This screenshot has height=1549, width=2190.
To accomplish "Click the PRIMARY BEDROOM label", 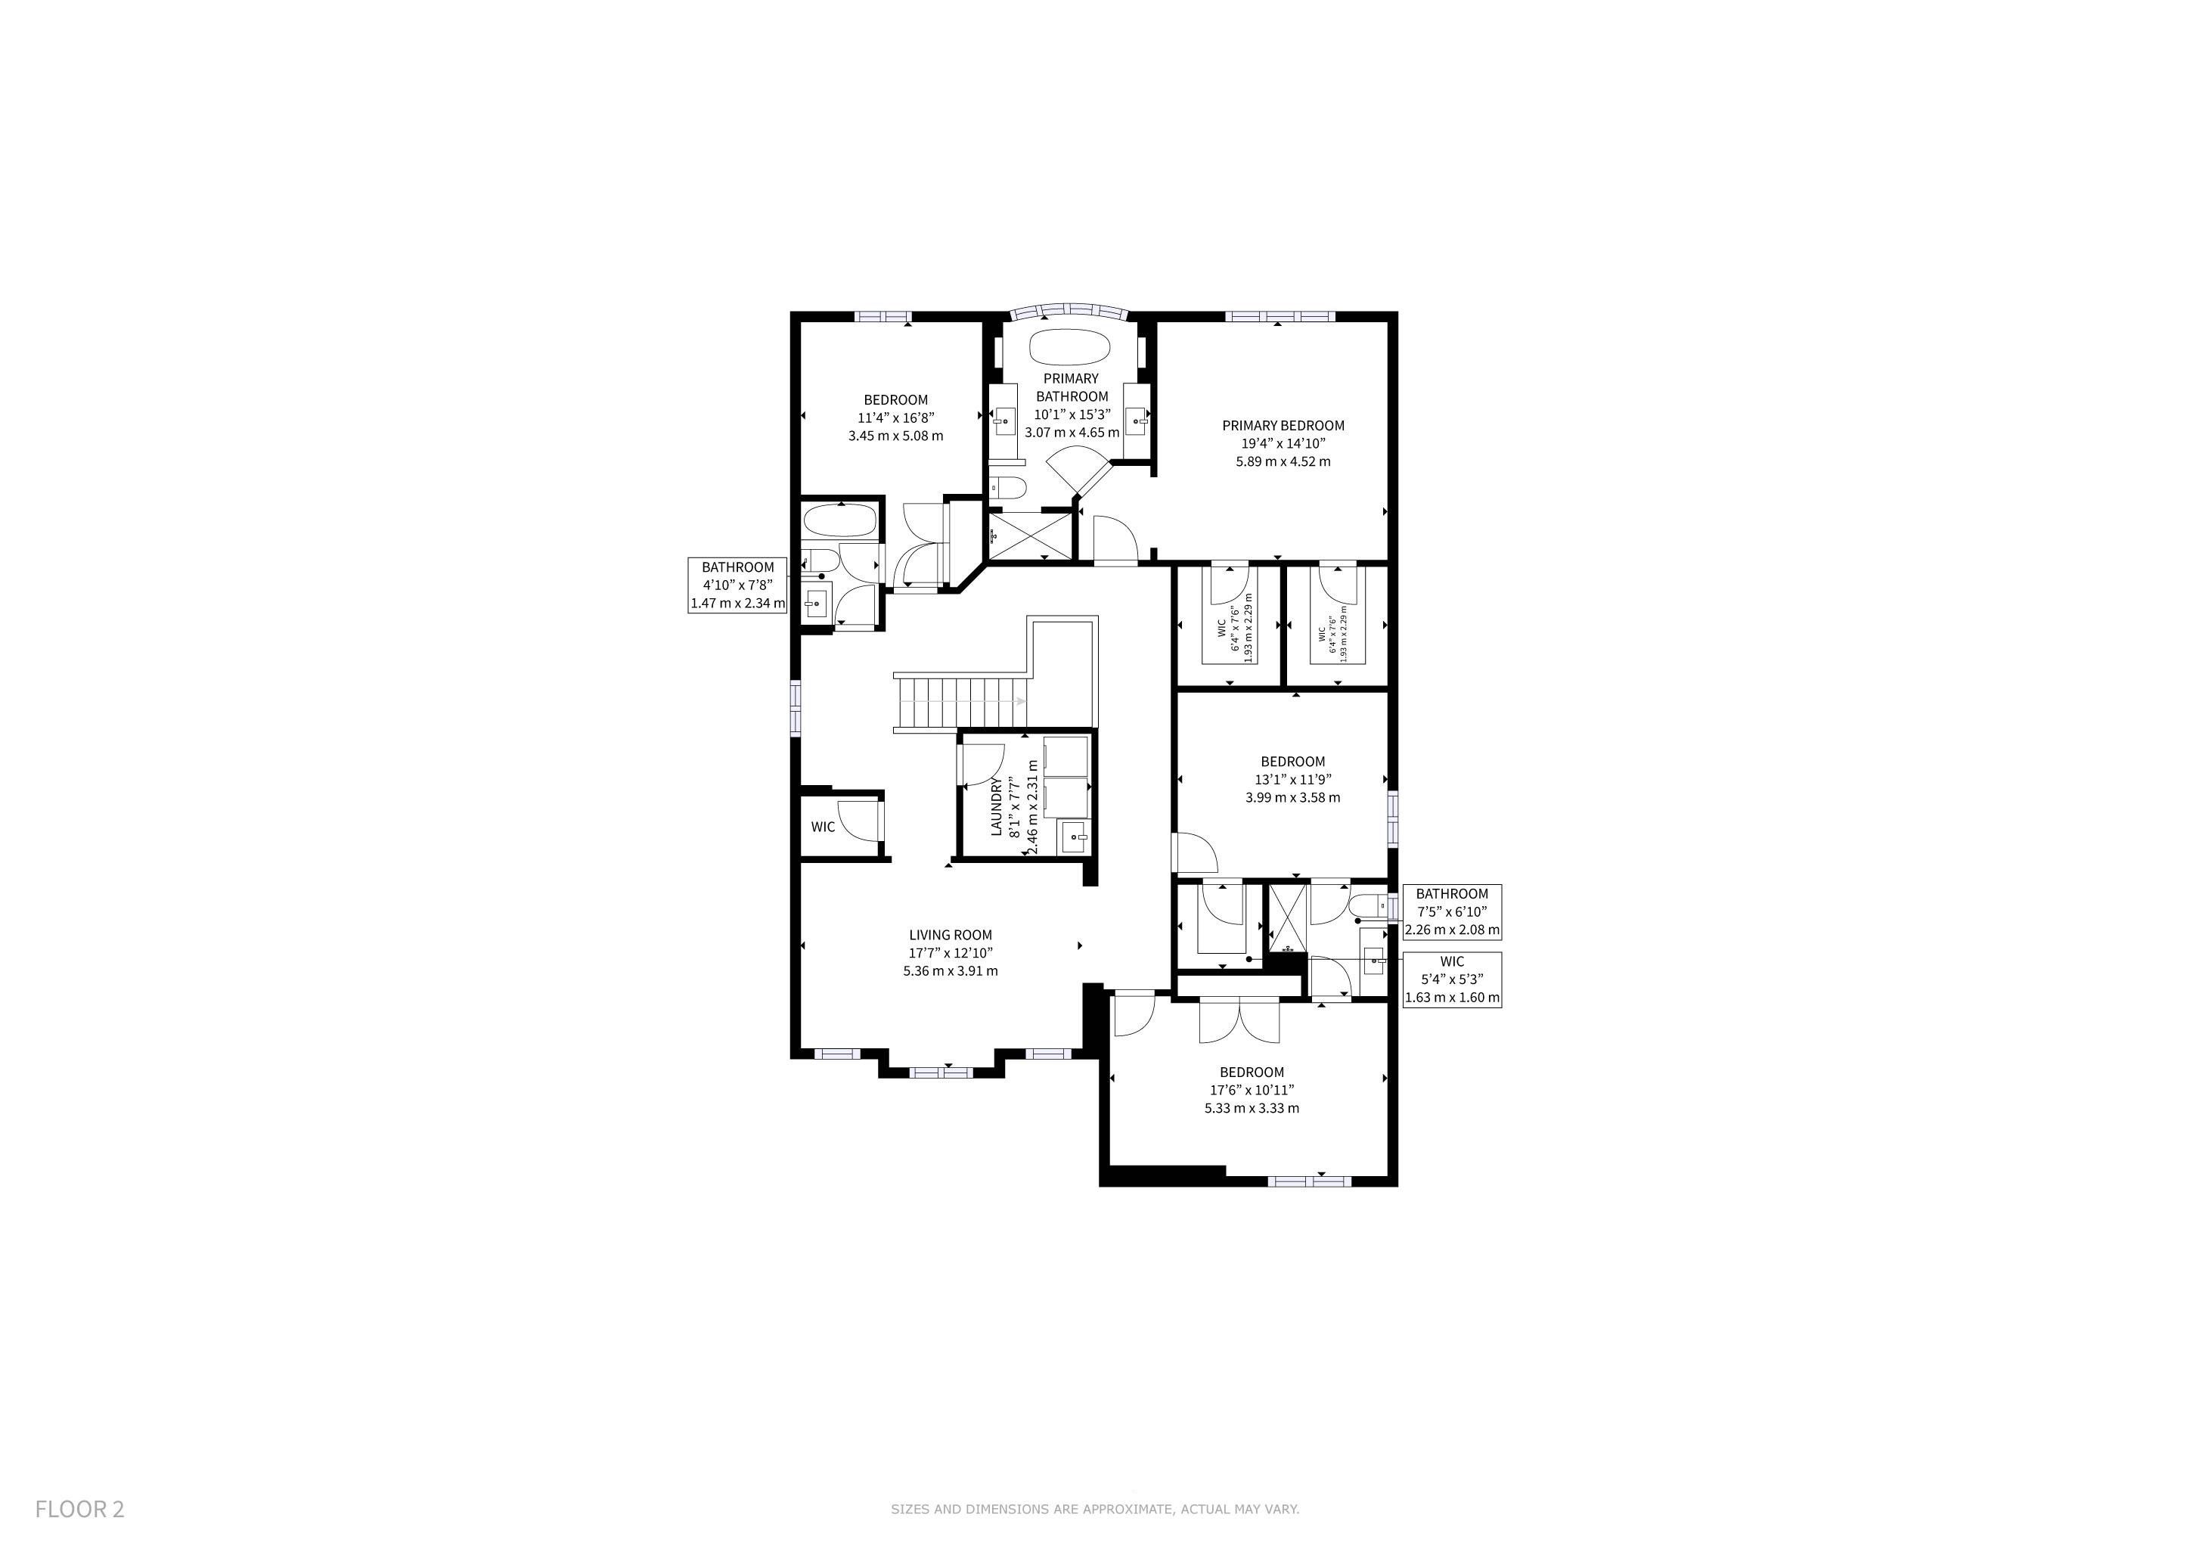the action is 1283,425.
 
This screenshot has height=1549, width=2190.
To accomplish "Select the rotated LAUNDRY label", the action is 997,807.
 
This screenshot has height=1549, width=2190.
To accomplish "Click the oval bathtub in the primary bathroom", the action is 1070,346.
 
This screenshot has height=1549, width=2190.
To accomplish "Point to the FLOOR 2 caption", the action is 80,1509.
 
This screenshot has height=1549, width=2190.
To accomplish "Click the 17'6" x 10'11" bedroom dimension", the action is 1252,1090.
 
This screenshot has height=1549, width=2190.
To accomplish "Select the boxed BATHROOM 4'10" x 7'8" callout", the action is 737,585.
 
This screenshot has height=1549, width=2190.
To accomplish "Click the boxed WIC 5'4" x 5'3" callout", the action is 1452,980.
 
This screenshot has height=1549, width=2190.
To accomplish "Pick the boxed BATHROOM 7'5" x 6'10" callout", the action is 1452,912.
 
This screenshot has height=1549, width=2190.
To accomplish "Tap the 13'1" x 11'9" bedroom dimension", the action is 1292,779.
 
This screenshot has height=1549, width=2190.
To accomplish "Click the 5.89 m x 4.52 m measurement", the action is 1283,461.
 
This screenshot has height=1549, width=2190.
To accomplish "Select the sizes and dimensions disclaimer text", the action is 1095,1509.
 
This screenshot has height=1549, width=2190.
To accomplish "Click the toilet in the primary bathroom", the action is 1007,487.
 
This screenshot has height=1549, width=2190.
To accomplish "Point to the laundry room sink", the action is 1075,837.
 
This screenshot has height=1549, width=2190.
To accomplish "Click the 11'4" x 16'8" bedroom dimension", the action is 895,418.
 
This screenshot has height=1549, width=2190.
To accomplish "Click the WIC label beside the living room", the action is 824,827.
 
